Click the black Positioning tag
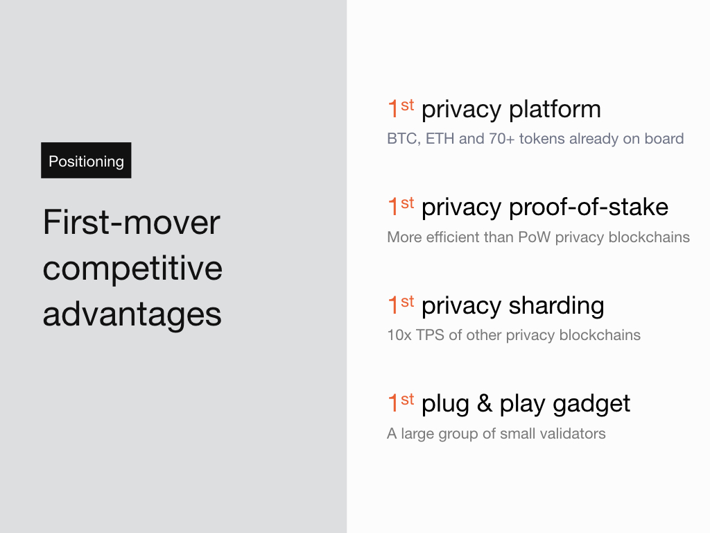point(86,160)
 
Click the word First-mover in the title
point(132,222)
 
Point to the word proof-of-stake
point(589,208)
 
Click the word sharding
point(557,306)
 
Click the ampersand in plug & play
point(485,403)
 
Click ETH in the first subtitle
point(440,139)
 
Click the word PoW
point(535,237)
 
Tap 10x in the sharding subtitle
point(399,335)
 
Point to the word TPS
point(430,335)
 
